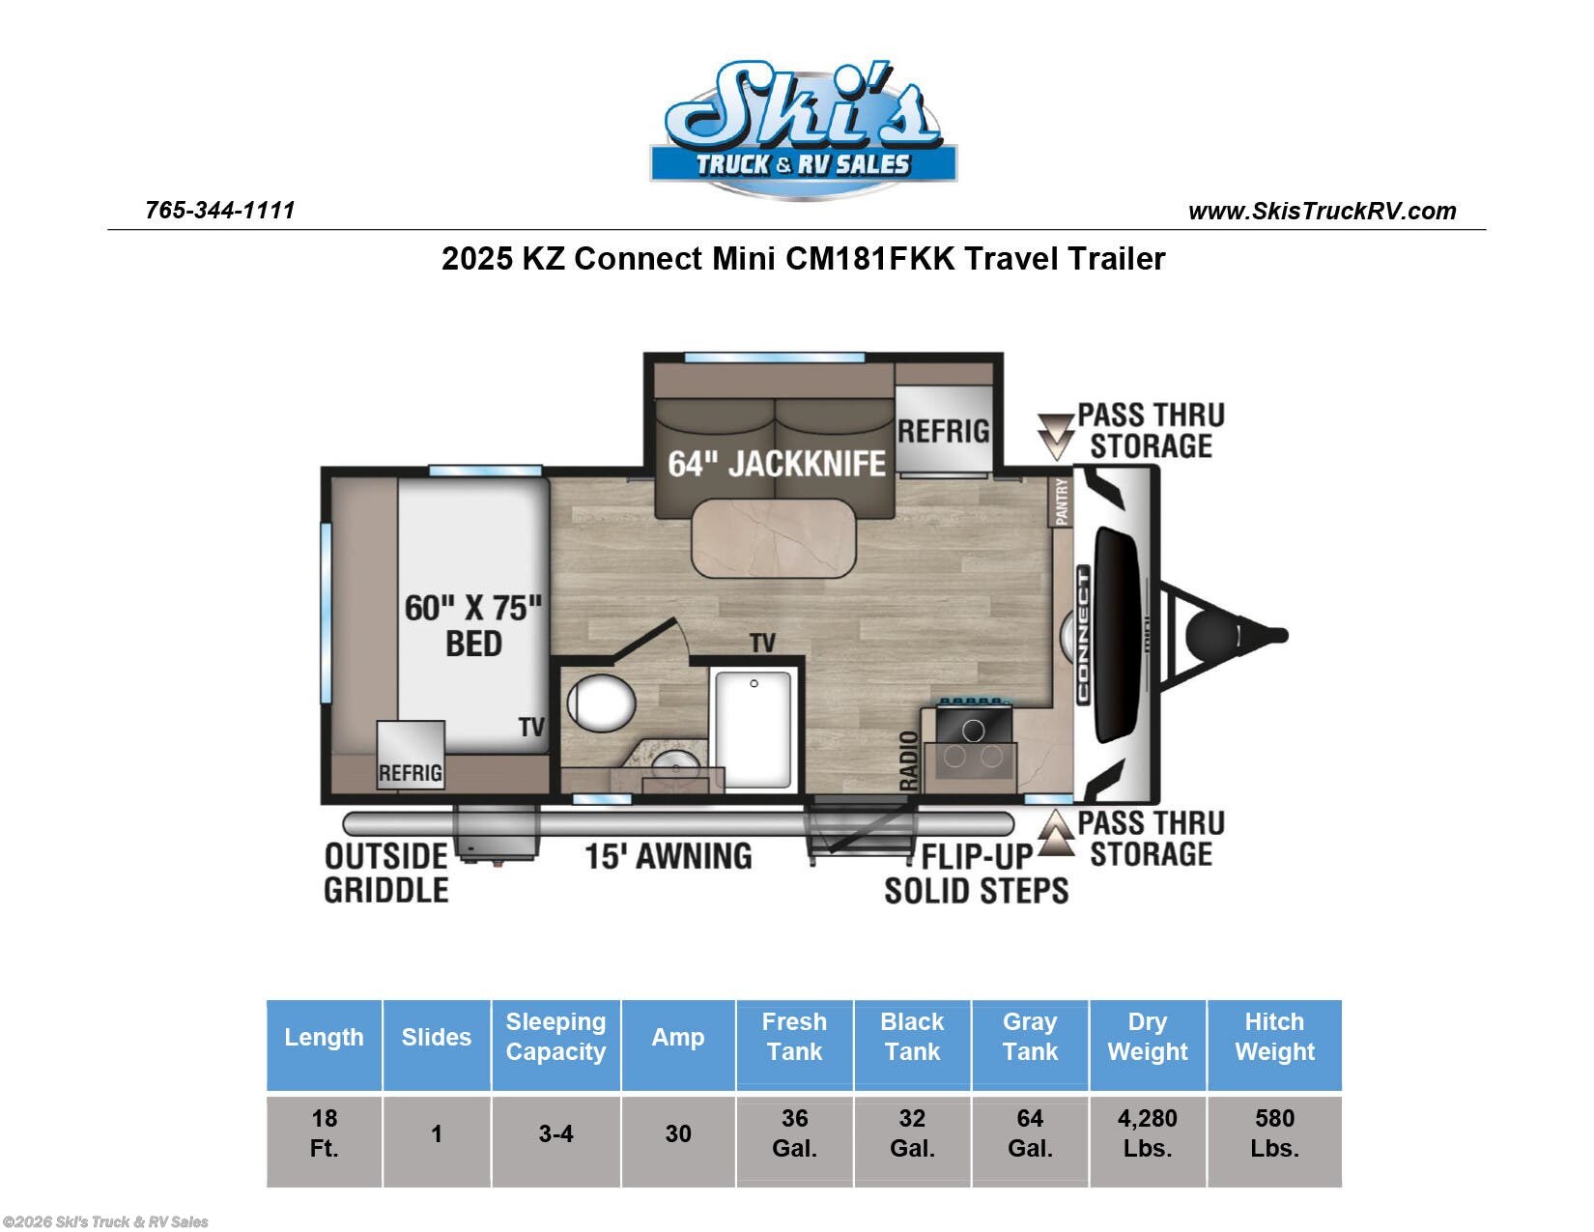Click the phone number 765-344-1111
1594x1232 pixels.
coord(220,211)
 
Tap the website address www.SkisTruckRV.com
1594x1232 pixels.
coord(1322,212)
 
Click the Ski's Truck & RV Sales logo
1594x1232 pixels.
coord(803,129)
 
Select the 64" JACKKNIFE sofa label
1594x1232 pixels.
coord(776,464)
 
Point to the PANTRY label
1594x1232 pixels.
coord(1062,502)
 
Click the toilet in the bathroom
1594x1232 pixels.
coord(599,702)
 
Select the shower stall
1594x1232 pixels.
coord(754,731)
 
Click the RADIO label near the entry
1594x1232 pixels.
coord(909,760)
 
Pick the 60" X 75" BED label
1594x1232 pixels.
coord(473,626)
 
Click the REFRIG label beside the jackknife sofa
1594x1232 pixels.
coord(943,432)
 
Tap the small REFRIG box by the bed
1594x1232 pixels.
coord(411,755)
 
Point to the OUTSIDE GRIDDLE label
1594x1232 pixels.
coord(386,874)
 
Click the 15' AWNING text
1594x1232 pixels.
coord(669,856)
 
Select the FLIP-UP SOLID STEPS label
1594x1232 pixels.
coord(977,874)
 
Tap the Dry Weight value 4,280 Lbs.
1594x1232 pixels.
coord(1148,1132)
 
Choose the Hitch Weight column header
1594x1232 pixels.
coord(1275,1036)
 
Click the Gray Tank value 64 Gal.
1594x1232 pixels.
coord(1030,1132)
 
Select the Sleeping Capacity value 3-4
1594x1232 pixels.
coord(556,1133)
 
